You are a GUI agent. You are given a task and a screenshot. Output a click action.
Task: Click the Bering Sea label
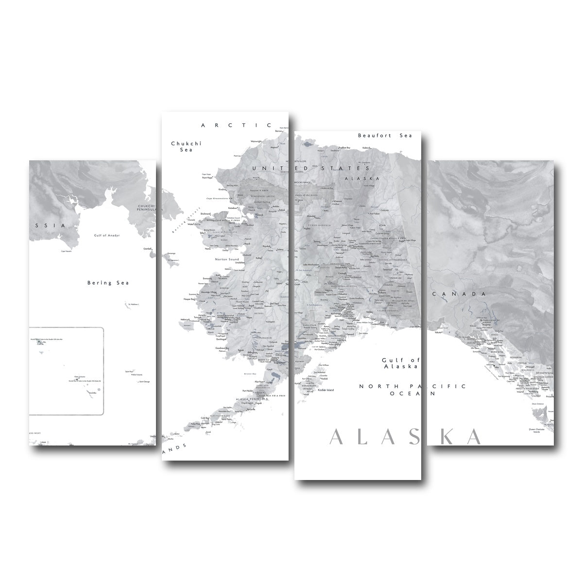(108, 283)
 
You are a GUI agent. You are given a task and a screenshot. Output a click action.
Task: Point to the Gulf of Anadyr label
(107, 235)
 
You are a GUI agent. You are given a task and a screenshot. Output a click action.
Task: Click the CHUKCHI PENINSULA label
(145, 207)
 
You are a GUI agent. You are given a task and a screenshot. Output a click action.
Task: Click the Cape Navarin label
(67, 251)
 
